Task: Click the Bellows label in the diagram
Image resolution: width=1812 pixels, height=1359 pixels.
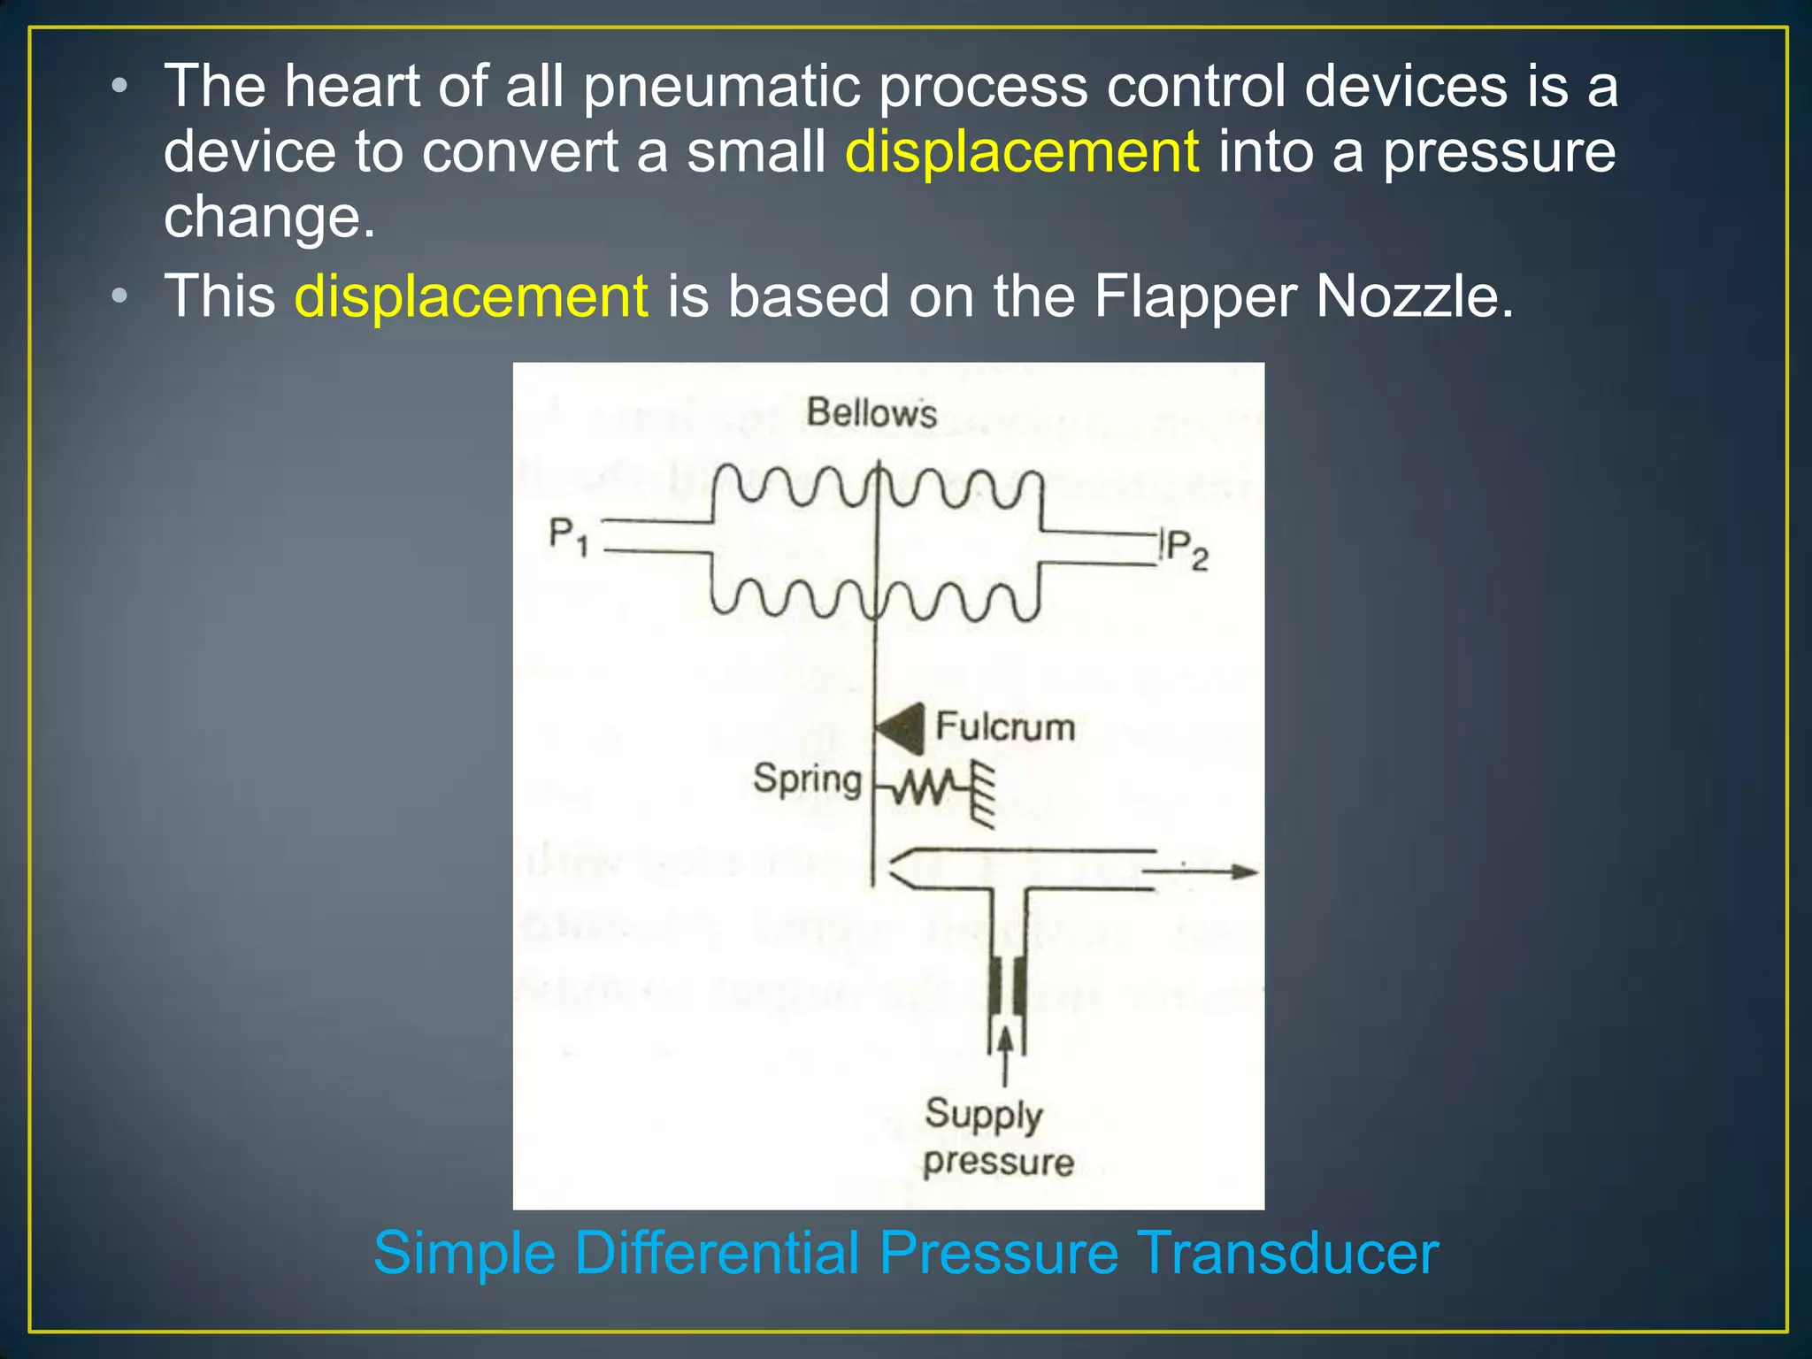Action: pos(871,413)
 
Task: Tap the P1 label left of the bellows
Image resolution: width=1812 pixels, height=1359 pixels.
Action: pos(568,536)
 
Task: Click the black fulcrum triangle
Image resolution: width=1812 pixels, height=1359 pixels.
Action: pos(902,729)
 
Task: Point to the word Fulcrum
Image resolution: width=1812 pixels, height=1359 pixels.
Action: pos(1005,727)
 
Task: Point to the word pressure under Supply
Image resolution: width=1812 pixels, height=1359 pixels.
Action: pos(998,1162)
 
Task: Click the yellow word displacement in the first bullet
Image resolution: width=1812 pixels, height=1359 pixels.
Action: pos(1022,151)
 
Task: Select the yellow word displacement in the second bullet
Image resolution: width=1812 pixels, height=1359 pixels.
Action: pos(472,296)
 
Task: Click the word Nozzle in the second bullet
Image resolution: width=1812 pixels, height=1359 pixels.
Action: pos(1414,296)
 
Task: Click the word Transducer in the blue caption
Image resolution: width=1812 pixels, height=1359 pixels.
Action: pos(1287,1253)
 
